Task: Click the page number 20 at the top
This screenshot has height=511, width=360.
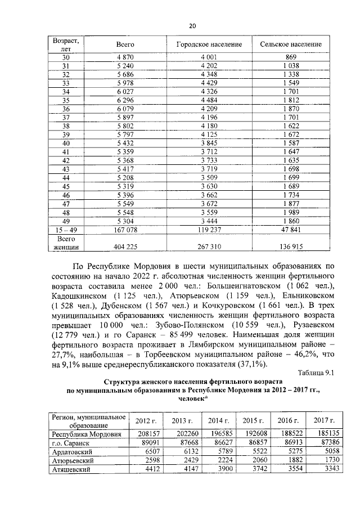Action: tap(192, 26)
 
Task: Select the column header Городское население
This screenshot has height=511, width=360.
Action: tap(209, 44)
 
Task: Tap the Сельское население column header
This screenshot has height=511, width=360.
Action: tap(291, 44)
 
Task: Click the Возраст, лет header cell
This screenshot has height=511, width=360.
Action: tap(65, 44)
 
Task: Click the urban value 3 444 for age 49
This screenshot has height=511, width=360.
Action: tap(209, 221)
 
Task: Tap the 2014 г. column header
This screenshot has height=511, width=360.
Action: tap(217, 420)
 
